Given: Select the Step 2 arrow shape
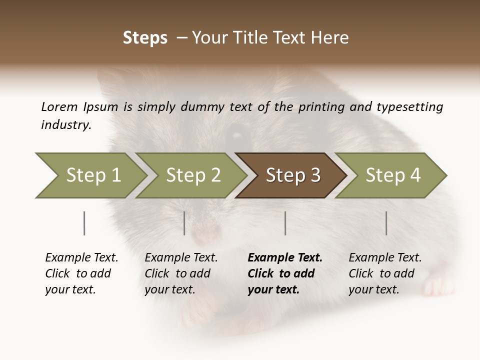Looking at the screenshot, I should [x=190, y=175].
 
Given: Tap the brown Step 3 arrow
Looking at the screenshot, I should [x=290, y=175].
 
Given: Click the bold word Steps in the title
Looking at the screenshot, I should [x=145, y=38].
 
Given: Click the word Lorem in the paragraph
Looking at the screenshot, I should [x=59, y=106].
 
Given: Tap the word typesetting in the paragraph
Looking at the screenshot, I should [x=409, y=107].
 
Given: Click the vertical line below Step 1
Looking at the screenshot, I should [x=84, y=223].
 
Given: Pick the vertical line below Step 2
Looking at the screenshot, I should [x=184, y=223].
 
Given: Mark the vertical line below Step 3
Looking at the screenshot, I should [x=285, y=223].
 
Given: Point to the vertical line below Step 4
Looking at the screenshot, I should [x=386, y=223].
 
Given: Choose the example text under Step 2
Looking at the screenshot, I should [x=180, y=273].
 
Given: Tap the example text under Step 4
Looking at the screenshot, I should [x=384, y=273].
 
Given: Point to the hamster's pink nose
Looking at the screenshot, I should [x=205, y=233].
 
